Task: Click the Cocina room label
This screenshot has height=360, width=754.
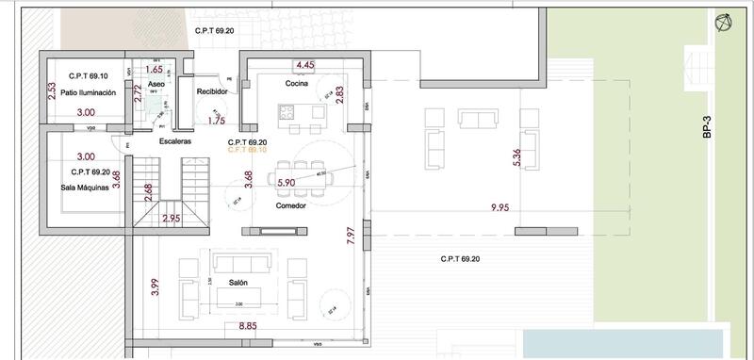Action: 299,83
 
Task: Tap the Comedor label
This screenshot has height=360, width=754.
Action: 290,205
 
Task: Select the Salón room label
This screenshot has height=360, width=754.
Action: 237,282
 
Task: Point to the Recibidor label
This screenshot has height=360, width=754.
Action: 213,91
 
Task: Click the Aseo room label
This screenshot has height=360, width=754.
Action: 156,84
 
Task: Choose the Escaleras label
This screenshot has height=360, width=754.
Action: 175,140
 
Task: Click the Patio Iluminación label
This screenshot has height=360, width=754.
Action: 87,93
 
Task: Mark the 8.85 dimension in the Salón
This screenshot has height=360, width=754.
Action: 248,326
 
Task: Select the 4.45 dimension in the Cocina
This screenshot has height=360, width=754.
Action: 304,64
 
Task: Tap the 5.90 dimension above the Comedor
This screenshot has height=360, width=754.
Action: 287,183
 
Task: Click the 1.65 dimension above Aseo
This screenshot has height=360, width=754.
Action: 156,69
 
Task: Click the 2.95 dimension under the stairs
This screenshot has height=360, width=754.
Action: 171,219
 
